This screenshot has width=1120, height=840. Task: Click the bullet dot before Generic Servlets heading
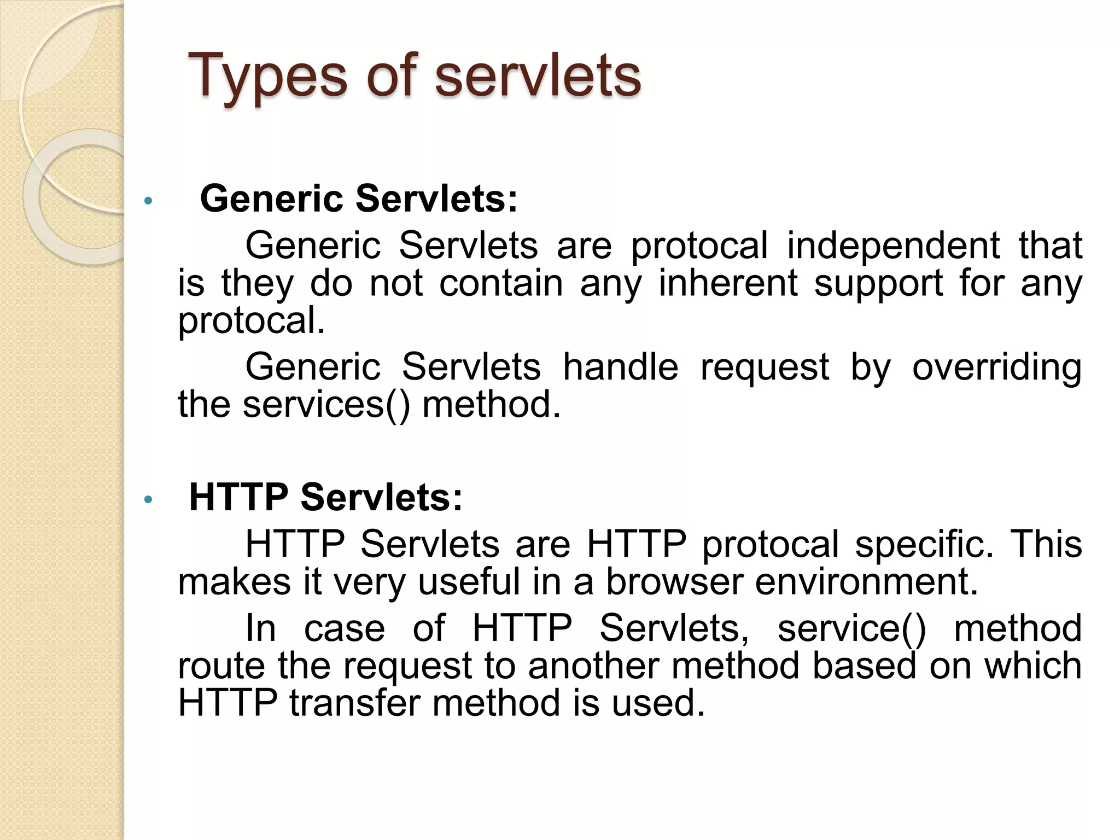(147, 201)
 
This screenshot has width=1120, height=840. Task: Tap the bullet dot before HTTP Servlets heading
(147, 500)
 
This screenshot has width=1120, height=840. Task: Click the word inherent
(728, 283)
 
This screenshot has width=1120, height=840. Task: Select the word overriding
(996, 366)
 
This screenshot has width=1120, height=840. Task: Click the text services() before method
(326, 404)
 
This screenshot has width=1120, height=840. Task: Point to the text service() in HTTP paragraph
(851, 627)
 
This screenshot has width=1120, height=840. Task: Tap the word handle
(621, 366)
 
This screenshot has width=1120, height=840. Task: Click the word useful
(469, 581)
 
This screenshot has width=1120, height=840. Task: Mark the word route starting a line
(221, 665)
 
